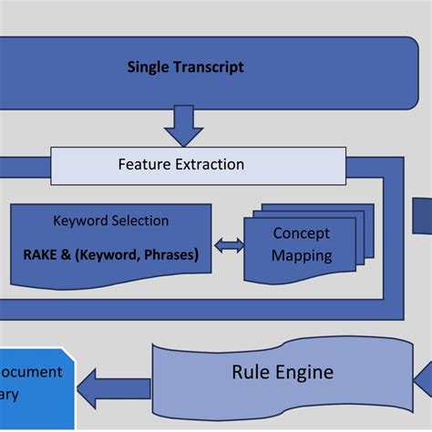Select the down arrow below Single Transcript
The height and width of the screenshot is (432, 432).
coord(184,125)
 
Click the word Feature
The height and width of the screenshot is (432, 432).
coord(143,165)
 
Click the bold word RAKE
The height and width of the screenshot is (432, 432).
coord(42,254)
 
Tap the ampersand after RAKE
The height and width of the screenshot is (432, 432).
coord(72,254)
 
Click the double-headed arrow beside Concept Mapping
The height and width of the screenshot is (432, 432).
coord(228,245)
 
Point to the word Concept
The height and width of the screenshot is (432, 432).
coord(302,234)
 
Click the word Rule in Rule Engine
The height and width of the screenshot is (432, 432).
coord(251,372)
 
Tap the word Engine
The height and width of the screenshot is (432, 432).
coord(303,372)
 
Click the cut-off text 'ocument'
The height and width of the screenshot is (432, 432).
coord(31,372)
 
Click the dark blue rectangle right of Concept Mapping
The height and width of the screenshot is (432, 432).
coord(422,217)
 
